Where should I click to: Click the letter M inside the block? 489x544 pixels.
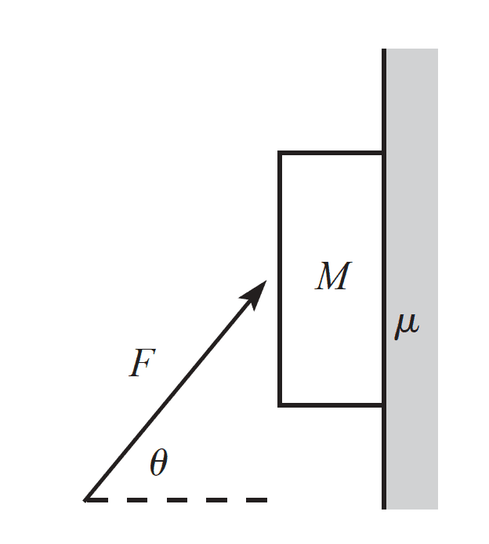(332, 277)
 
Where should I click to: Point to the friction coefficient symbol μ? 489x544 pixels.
(407, 325)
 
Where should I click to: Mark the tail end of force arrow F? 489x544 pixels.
(85, 499)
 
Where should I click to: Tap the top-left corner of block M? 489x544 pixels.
(280, 153)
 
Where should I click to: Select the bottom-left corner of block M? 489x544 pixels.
(280, 404)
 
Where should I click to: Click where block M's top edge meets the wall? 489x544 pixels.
(383, 153)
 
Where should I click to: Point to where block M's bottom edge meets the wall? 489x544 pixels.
(383, 404)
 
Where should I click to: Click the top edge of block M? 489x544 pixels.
(331, 153)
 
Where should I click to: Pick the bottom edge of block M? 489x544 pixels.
(331, 404)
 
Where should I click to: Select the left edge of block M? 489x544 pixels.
(280, 278)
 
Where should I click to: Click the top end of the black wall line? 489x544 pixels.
(385, 50)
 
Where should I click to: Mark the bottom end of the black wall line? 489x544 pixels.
(385, 508)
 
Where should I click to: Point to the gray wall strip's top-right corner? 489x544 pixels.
(437, 49)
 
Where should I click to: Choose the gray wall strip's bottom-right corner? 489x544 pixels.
(437, 509)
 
